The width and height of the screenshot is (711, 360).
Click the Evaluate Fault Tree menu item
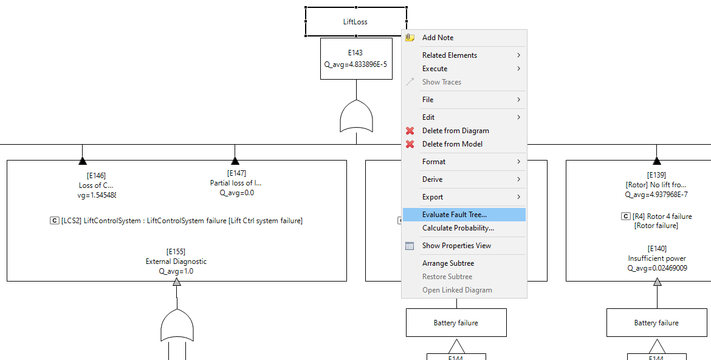(x=454, y=215)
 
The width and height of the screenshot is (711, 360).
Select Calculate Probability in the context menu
(x=458, y=228)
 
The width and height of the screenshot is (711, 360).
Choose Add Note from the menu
(x=438, y=38)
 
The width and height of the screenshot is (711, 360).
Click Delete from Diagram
(x=455, y=131)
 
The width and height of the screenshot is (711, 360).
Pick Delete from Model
(x=452, y=144)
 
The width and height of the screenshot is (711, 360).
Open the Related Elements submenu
(x=450, y=55)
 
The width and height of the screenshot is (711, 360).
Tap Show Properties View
(x=456, y=246)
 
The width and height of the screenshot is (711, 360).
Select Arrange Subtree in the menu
(x=448, y=263)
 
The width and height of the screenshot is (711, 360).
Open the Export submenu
(x=433, y=197)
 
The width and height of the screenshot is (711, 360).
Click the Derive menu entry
(x=432, y=179)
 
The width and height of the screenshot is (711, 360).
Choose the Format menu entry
(x=434, y=162)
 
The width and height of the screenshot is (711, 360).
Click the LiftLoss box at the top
(x=355, y=22)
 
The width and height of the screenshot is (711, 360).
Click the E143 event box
(x=355, y=58)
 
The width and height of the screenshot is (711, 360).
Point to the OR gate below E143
(x=357, y=117)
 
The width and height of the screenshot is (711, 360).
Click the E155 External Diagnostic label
(x=176, y=261)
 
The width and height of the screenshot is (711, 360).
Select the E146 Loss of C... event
(x=96, y=185)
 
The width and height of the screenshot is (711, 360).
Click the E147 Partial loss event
(x=236, y=183)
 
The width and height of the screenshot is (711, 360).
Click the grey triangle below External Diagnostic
(x=177, y=282)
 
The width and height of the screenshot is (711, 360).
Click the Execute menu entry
(x=434, y=69)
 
